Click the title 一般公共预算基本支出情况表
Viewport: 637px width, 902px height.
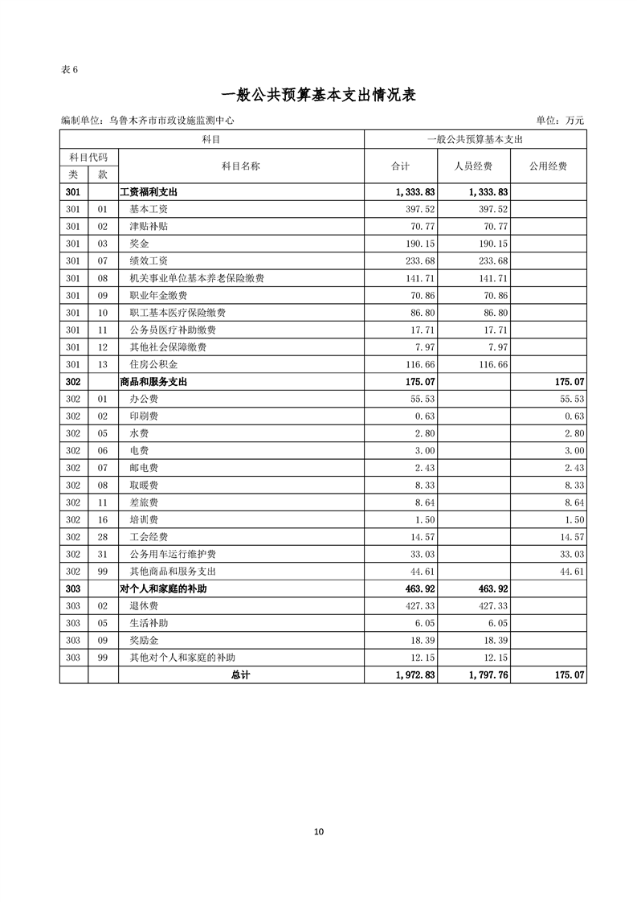pyautogui.click(x=318, y=95)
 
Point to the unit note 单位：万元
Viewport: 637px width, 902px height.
pyautogui.click(x=560, y=121)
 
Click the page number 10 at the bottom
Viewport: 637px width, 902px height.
pyautogui.click(x=318, y=831)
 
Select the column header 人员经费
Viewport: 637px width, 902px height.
pyautogui.click(x=474, y=166)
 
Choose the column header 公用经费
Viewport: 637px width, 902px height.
pyautogui.click(x=548, y=166)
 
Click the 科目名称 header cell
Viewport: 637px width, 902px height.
pyautogui.click(x=240, y=166)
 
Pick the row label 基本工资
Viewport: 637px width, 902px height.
pyautogui.click(x=149, y=209)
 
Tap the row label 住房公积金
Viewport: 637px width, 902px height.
pyautogui.click(x=153, y=364)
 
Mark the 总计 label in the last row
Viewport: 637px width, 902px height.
pyautogui.click(x=240, y=675)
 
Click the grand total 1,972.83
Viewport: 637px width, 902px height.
pyautogui.click(x=414, y=675)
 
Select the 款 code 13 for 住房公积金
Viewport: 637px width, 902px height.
pyautogui.click(x=102, y=364)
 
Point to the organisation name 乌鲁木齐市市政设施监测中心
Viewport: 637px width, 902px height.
pyautogui.click(x=172, y=121)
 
